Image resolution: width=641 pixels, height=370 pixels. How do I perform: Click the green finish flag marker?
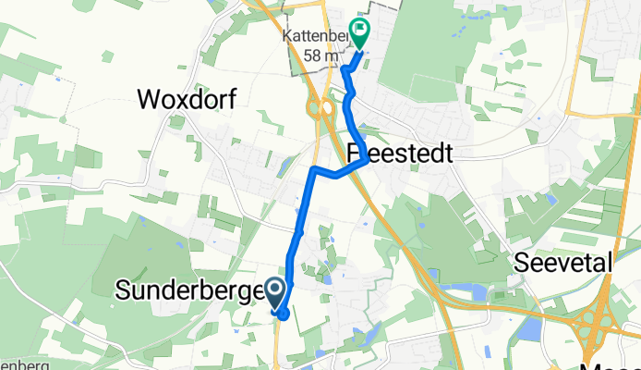coord(357,34)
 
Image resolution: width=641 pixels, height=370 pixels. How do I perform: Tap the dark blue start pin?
coord(276,293)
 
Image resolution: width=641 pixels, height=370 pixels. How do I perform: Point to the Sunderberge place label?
coord(189,291)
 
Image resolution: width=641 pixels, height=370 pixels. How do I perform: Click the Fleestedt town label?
coord(401,154)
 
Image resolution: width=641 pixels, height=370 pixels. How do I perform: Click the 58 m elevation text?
coord(319,54)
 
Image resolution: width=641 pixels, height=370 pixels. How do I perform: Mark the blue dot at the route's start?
coord(283,313)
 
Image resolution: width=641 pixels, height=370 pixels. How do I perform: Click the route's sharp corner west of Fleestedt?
coord(315,169)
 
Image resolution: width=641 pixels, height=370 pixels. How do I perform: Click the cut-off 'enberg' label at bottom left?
coord(20,364)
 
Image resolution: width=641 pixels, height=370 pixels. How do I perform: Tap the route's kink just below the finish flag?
coord(344,69)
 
